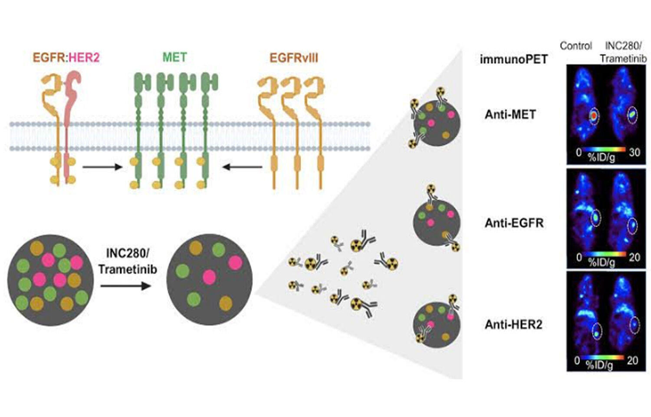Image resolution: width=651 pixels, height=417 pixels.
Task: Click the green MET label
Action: tap(174, 57)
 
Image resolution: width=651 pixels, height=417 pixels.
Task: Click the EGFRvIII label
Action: tap(294, 58)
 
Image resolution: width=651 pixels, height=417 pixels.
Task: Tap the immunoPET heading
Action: tap(513, 59)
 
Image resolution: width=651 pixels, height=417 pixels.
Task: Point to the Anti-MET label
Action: tap(510, 114)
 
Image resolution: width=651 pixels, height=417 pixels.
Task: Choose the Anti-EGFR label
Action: tap(514, 223)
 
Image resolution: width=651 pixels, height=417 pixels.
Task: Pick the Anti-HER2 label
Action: tap(513, 324)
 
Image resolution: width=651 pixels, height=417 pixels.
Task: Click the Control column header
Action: tap(575, 46)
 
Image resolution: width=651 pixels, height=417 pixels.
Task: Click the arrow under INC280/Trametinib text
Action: tap(126, 286)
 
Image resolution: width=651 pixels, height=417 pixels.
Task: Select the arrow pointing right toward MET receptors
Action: tap(102, 167)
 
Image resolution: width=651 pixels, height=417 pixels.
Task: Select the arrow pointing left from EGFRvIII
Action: tap(243, 167)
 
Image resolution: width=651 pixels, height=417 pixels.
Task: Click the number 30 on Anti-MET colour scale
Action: tap(634, 152)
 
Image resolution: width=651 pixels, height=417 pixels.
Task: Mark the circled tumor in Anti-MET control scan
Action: tap(594, 116)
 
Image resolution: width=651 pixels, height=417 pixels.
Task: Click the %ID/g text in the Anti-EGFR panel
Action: tap(602, 262)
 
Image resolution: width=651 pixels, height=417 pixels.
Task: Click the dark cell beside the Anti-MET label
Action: tap(436, 122)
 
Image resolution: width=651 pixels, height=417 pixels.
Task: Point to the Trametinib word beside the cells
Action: tap(128, 269)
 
